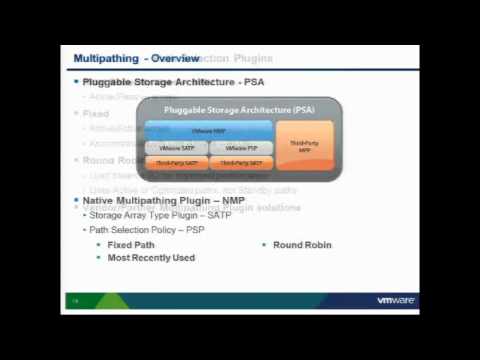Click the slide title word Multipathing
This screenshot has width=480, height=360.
[x=103, y=59]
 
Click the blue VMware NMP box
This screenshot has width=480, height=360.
[x=208, y=130]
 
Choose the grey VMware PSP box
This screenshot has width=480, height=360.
[x=240, y=147]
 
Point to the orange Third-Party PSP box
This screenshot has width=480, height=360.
[x=240, y=161]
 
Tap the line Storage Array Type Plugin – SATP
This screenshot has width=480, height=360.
[x=160, y=215]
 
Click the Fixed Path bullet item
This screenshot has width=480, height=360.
[x=133, y=244]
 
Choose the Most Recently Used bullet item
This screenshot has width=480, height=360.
[x=151, y=257]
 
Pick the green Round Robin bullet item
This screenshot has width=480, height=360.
[x=302, y=244]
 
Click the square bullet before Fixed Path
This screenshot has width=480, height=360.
[x=99, y=244]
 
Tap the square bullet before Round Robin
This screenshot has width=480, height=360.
[x=264, y=244]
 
